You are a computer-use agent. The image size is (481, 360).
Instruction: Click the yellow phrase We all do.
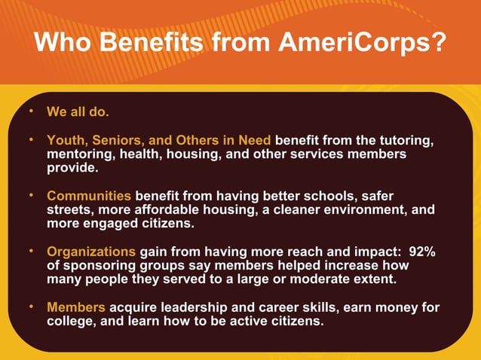tap(78, 112)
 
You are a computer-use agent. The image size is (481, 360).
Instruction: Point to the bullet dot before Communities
tap(32, 195)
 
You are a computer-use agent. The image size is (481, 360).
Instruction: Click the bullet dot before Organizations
tap(32, 251)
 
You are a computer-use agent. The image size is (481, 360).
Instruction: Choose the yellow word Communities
tap(89, 196)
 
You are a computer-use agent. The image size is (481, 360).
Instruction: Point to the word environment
tap(360, 209)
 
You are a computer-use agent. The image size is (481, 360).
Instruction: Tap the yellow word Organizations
tap(91, 252)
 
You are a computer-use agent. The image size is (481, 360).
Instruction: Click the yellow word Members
tap(76, 307)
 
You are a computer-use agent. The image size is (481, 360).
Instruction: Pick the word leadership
tap(198, 307)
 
